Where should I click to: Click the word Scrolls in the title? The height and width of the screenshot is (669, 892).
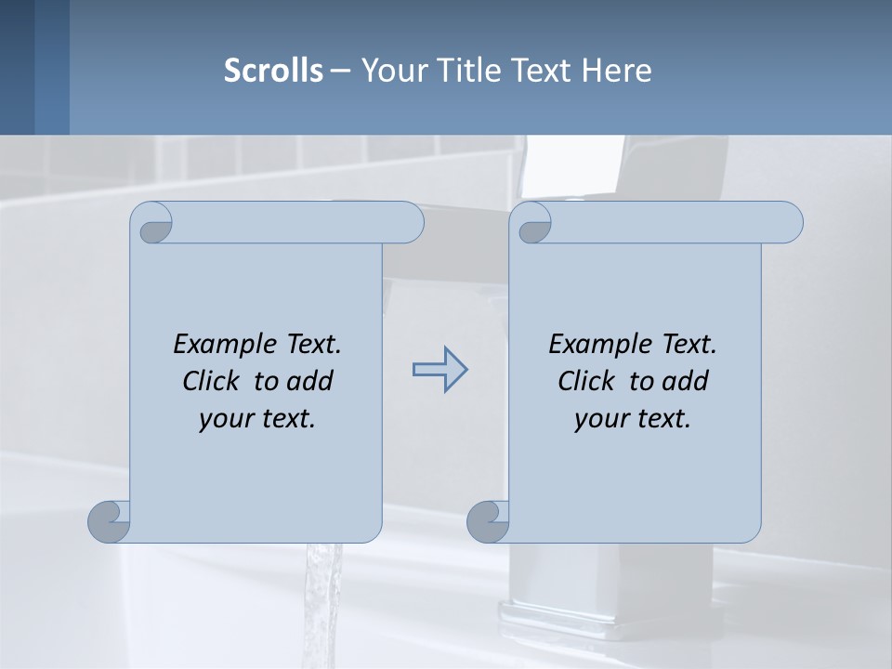(x=274, y=71)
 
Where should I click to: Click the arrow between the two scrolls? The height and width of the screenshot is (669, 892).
(x=439, y=370)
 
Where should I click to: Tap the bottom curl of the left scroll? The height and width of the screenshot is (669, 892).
(x=109, y=521)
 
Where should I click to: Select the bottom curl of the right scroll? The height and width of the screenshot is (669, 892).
(x=488, y=521)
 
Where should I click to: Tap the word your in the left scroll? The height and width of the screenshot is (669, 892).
(x=223, y=420)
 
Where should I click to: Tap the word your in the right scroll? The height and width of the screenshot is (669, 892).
(x=598, y=420)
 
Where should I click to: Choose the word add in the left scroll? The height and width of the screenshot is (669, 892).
(x=310, y=381)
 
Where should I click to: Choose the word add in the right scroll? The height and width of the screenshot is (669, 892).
(x=686, y=381)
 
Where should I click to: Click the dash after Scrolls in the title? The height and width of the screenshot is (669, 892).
(x=340, y=71)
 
